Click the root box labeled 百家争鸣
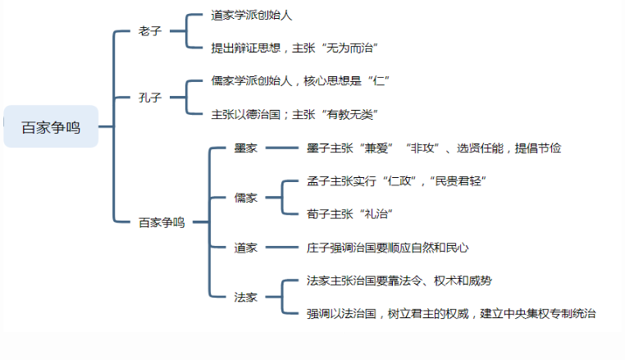pyautogui.click(x=51, y=127)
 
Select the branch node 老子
pyautogui.click(x=150, y=31)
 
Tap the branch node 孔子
pyautogui.click(x=150, y=98)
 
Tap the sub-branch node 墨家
pyautogui.click(x=245, y=148)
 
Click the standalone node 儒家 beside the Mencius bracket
pyautogui.click(x=245, y=198)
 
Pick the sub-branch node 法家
pyautogui.click(x=245, y=297)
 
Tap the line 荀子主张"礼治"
pyautogui.click(x=349, y=214)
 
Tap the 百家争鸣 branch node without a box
pyautogui.click(x=162, y=222)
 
